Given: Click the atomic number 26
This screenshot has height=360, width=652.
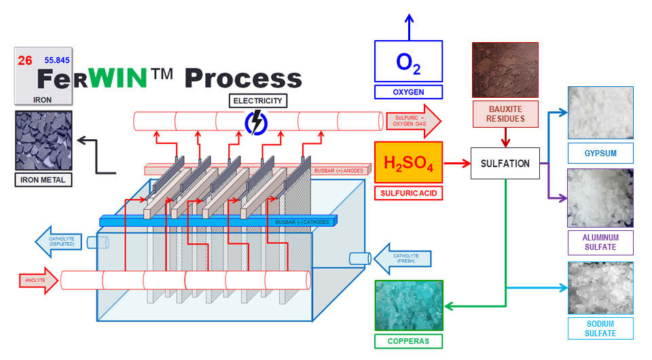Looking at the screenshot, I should [25, 61].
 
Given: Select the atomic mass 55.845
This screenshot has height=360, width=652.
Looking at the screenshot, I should [58, 60].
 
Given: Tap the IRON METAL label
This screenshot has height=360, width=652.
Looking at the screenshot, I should [43, 180].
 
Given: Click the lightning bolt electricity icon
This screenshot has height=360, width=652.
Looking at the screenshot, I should [256, 122].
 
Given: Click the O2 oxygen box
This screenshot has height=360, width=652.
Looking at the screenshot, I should [408, 62].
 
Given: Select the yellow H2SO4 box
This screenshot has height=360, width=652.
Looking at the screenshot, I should [408, 162].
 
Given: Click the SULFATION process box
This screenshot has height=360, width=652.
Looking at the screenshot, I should [505, 164].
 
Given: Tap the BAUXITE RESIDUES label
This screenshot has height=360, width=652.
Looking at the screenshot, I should [505, 114].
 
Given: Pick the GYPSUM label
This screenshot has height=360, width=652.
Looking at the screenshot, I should [600, 153].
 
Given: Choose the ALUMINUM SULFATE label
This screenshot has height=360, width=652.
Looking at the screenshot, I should [600, 242].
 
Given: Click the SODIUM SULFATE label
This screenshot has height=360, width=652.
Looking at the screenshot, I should [600, 328].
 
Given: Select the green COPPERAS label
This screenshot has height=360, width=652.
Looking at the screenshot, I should [408, 340].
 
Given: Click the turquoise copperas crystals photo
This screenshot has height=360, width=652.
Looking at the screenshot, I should [408, 306].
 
